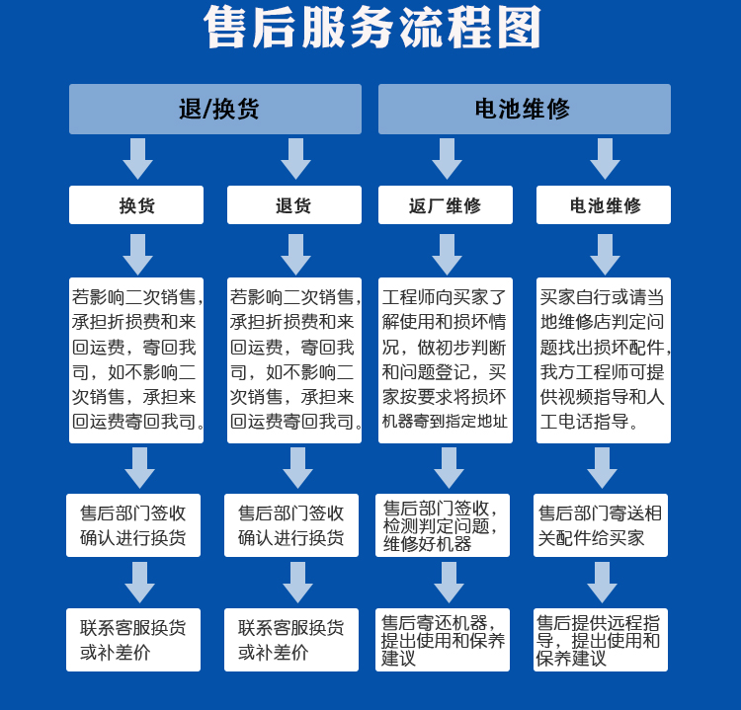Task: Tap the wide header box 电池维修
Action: pyautogui.click(x=524, y=109)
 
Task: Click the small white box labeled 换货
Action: pyautogui.click(x=136, y=205)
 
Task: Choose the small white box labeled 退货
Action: pyautogui.click(x=293, y=205)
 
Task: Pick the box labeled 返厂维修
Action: pyautogui.click(x=446, y=205)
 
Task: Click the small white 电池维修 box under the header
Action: pyautogui.click(x=604, y=205)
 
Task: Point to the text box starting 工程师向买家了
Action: pyautogui.click(x=446, y=359)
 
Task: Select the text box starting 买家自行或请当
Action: pyautogui.click(x=604, y=359)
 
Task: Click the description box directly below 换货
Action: pyautogui.click(x=136, y=359)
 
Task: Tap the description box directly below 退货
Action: pyautogui.click(x=293, y=359)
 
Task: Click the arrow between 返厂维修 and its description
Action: pyautogui.click(x=447, y=255)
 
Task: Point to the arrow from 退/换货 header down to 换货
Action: pyautogui.click(x=137, y=159)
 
